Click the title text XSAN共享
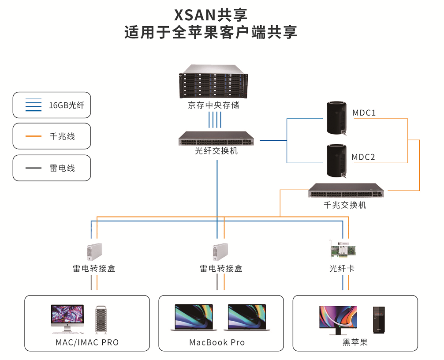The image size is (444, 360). pyautogui.click(x=211, y=15)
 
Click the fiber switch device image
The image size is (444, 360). pyautogui.click(x=216, y=139)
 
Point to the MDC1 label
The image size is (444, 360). pyautogui.click(x=364, y=113)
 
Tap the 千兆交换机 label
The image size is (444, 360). pyautogui.click(x=345, y=205)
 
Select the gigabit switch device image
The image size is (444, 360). pyautogui.click(x=346, y=191)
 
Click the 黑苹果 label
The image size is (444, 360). pyautogui.click(x=355, y=342)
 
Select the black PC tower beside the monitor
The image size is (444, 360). pyautogui.click(x=379, y=320)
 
